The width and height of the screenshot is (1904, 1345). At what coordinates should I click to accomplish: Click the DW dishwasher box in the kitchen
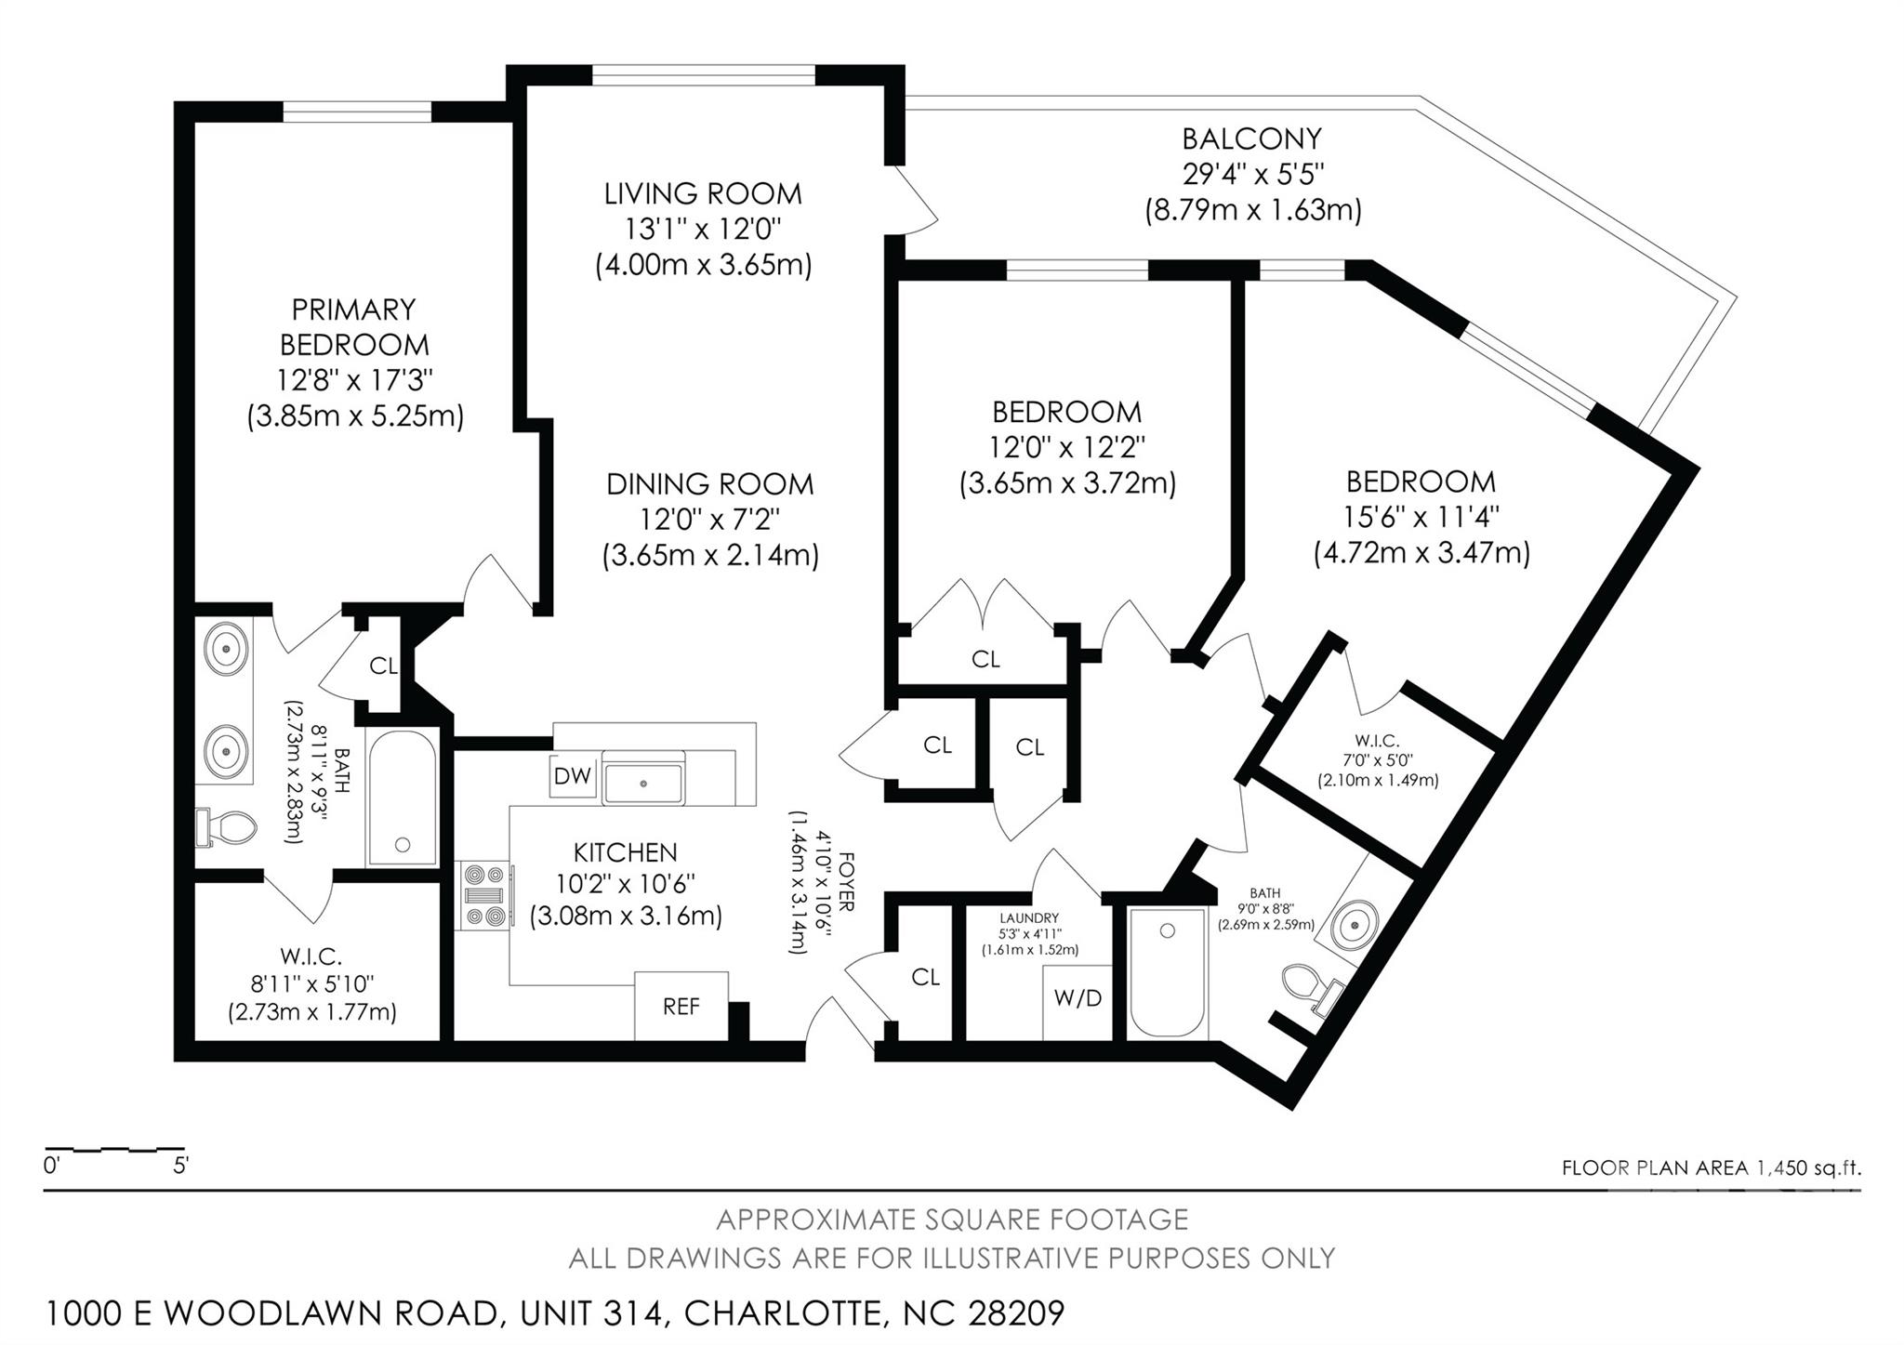(572, 776)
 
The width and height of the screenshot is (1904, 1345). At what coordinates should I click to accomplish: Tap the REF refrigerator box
(681, 1006)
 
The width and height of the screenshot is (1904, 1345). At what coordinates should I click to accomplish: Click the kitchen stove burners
(486, 895)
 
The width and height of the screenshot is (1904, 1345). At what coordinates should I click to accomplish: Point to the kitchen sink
(642, 782)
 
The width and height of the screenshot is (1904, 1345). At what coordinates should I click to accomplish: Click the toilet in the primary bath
(228, 827)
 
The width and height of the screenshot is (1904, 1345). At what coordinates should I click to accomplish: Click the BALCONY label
(1251, 138)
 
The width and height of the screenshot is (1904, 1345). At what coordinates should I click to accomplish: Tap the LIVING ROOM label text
(703, 193)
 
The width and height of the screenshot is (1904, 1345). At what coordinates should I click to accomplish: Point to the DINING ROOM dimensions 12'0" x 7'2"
(709, 519)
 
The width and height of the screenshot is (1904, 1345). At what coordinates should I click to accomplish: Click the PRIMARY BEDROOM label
(353, 326)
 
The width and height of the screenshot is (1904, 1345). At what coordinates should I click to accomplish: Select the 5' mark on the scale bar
(181, 1165)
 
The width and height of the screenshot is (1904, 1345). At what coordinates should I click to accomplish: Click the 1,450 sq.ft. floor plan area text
(1808, 1167)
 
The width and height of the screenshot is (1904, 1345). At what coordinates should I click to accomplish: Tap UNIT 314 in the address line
(592, 1313)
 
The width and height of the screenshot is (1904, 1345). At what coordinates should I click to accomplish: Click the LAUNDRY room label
(1029, 918)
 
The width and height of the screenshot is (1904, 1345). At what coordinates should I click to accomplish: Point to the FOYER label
(846, 880)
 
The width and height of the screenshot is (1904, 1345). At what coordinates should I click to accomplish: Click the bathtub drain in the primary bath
(403, 845)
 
